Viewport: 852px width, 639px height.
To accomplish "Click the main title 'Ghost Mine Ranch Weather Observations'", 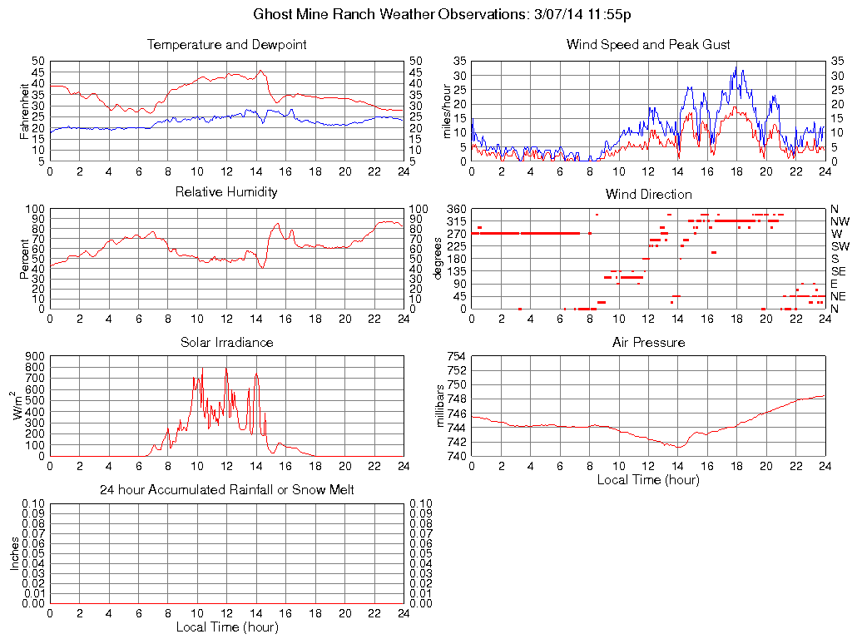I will coord(442,15).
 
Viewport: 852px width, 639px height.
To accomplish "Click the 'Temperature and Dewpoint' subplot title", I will coord(226,45).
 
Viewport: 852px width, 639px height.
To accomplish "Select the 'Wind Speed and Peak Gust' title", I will coord(648,45).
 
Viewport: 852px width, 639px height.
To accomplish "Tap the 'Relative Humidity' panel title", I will coord(226,192).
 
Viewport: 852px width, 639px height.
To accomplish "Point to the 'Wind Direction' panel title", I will coord(648,195).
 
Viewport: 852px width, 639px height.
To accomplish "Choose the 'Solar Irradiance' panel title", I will coord(226,342).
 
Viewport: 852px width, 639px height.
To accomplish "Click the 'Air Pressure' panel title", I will coord(648,342).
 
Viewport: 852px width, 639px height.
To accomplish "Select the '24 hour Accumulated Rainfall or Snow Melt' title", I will coord(226,490).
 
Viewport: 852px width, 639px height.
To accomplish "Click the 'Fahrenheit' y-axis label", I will coord(25,111).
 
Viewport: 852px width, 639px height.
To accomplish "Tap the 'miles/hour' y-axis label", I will coord(447,111).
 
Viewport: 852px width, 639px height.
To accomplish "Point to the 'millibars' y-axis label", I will coord(442,406).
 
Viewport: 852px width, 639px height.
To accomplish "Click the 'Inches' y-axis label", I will coord(14,553).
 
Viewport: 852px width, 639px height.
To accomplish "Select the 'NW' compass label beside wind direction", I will coord(840,221).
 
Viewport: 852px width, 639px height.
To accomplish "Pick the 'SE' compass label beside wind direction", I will coord(839,271).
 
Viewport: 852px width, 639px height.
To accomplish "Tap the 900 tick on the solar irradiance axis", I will coord(34,357).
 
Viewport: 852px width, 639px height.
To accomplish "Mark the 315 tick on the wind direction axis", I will coord(456,221).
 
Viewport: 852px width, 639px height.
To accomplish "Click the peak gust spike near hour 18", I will coord(736,67).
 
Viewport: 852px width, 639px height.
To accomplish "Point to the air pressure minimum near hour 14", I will coord(679,447).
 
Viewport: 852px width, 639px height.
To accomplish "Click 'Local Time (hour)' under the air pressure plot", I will coord(648,479).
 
